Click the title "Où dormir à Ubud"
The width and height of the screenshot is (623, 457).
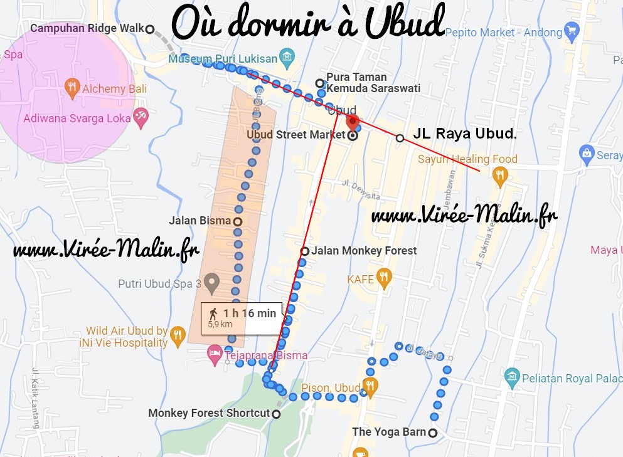(307, 24)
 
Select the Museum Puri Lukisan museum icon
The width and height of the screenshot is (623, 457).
(287, 59)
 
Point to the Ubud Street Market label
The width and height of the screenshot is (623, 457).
(295, 135)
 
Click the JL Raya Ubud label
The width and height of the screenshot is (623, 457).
(465, 134)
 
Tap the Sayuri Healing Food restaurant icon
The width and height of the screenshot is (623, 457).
(499, 175)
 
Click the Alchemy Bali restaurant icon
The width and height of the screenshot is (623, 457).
(73, 88)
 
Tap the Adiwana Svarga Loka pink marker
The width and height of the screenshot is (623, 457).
(141, 117)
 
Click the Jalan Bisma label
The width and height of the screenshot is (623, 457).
(200, 221)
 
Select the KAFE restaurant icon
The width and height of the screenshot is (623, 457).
(384, 278)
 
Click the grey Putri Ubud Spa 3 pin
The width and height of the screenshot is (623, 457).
(211, 283)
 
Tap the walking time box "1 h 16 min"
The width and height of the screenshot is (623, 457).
(242, 317)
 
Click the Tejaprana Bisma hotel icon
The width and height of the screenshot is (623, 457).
(215, 355)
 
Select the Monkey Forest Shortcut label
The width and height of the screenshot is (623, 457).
(209, 413)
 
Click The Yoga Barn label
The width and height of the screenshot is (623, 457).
(389, 432)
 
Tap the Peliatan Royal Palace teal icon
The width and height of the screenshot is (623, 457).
(512, 377)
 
